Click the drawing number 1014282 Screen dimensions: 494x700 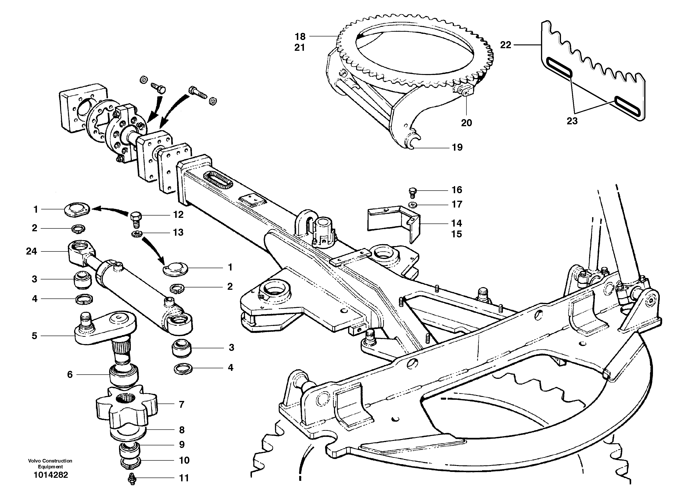(x=51, y=475)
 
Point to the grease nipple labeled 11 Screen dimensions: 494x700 (x=132, y=479)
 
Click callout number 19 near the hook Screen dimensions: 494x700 (x=457, y=147)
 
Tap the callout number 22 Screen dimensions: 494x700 (x=505, y=45)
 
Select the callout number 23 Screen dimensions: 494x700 (x=572, y=121)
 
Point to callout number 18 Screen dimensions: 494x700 (x=300, y=37)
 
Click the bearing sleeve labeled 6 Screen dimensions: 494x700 (x=124, y=376)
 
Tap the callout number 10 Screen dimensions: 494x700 (x=184, y=460)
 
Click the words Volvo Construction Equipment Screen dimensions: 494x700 (x=50, y=463)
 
